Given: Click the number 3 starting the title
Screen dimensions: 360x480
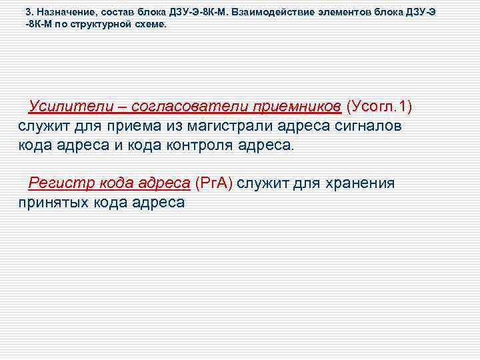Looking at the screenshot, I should [x=28, y=12].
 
